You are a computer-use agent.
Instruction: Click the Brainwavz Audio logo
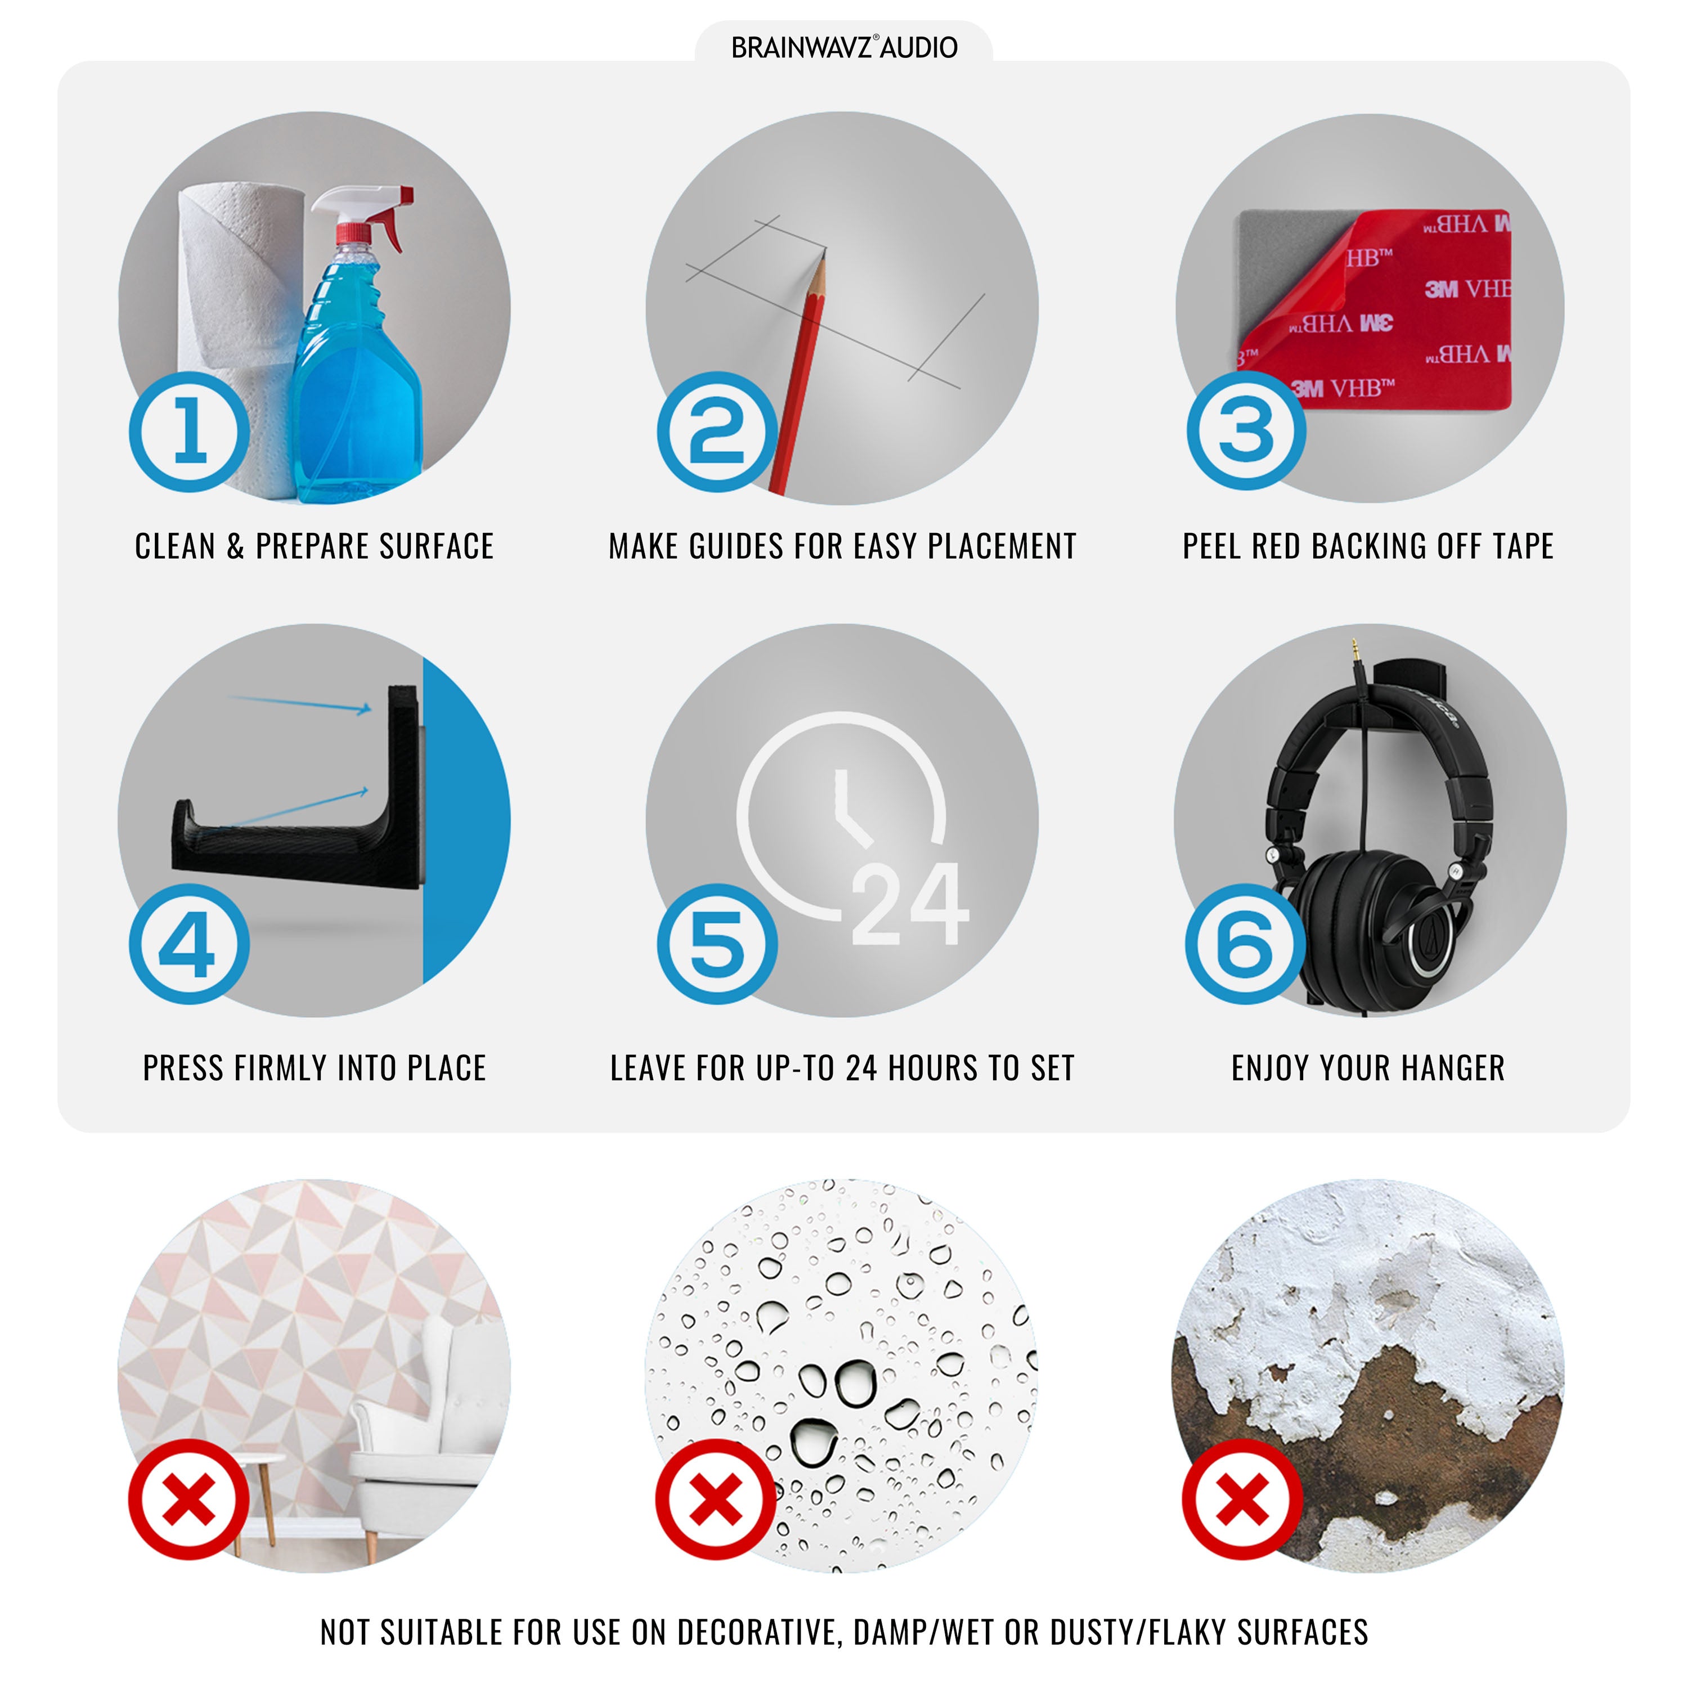pyautogui.click(x=844, y=47)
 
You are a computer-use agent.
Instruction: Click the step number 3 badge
pyautogui.click(x=1246, y=430)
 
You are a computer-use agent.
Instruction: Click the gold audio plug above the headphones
pyautogui.click(x=1354, y=650)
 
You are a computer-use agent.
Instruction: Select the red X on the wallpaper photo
pyautogui.click(x=188, y=1500)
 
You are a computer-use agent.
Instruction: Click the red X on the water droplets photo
pyautogui.click(x=716, y=1500)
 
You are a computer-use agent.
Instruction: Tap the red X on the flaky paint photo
pyautogui.click(x=1242, y=1500)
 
